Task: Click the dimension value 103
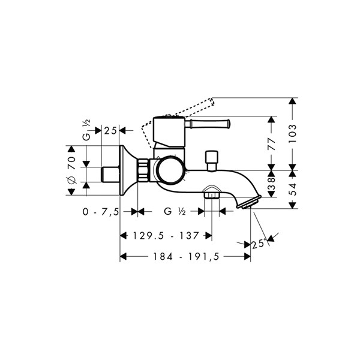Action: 292,134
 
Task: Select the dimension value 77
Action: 272,144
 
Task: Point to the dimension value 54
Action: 292,189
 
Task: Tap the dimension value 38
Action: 272,184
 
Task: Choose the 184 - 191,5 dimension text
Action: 186,256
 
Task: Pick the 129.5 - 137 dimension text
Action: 166,236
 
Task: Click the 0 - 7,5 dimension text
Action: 101,212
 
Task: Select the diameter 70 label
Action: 71,170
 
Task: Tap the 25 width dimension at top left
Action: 110,131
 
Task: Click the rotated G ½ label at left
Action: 86,130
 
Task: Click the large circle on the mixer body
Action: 172,170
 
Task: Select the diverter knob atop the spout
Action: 212,160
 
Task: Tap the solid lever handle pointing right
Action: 208,124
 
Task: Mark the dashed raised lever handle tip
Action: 211,101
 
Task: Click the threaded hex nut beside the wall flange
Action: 144,170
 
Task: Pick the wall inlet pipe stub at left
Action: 110,175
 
